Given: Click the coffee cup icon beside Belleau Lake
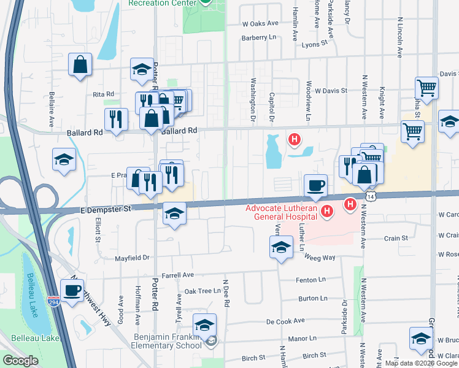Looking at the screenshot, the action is (x=72, y=290).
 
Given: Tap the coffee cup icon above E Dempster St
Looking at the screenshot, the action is (x=316, y=185).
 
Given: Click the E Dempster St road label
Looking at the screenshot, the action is (x=107, y=209).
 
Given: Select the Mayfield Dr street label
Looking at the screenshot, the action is (x=133, y=258).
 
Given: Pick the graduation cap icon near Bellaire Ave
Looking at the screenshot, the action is (x=64, y=160).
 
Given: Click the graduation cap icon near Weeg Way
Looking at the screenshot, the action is (x=281, y=248).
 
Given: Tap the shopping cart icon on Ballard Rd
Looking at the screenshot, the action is (x=413, y=130).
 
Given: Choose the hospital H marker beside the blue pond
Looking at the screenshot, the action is (x=295, y=140).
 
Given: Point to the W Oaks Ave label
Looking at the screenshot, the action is (x=260, y=23).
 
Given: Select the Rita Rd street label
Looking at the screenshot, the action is (x=103, y=94).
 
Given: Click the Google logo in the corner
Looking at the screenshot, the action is (x=20, y=361).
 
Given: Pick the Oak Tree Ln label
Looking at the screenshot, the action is (x=202, y=291).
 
